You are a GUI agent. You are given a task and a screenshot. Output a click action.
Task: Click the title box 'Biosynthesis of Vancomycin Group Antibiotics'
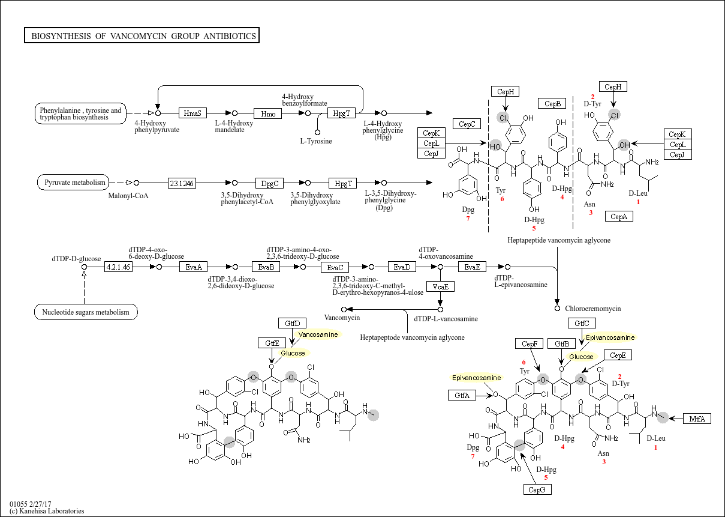coord(142,36)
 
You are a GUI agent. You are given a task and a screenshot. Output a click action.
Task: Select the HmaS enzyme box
coord(192,113)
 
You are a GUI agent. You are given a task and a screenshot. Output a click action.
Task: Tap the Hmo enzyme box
coord(267,113)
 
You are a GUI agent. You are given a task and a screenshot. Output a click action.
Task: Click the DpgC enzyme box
coord(267,183)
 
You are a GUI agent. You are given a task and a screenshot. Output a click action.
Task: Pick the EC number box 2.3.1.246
coord(182,183)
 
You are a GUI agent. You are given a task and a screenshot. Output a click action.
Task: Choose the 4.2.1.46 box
coord(118,267)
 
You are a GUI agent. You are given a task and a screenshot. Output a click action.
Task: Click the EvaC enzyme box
coord(335,267)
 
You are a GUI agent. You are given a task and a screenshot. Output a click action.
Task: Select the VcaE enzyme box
coord(440,286)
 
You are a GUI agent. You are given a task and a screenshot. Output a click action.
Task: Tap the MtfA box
coord(697,419)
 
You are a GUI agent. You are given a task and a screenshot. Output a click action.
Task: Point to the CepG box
coord(537,489)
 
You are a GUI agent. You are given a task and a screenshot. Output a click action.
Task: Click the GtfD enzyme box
coord(292,323)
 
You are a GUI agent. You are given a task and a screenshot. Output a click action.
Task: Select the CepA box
coord(619,217)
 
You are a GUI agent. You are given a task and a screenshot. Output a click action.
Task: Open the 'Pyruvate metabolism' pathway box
coord(75,183)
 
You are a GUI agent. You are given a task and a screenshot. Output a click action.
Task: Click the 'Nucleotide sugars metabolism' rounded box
coord(86,312)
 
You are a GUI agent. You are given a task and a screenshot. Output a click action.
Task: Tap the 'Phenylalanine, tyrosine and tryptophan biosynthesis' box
coord(80,113)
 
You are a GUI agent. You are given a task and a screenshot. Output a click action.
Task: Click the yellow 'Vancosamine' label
coord(318,334)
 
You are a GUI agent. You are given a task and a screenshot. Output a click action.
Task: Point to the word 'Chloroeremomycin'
coord(593,309)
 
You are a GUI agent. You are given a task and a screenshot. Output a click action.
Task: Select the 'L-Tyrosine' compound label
coord(316,141)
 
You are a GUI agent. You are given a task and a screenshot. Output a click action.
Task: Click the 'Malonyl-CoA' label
coord(128,196)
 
